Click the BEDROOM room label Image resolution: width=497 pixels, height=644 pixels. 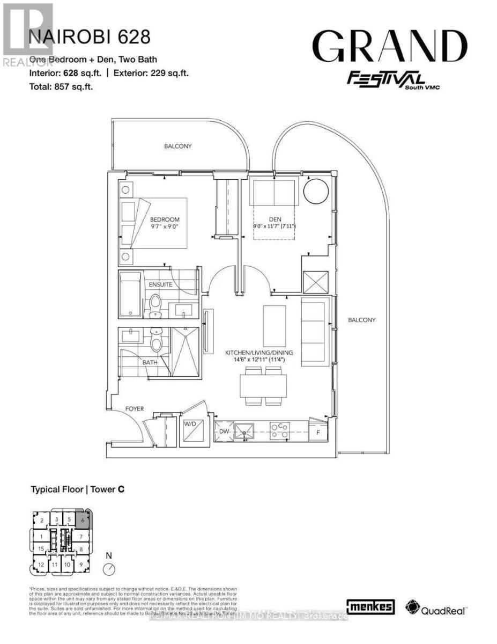(165, 219)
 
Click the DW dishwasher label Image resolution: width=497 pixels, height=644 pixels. (224, 430)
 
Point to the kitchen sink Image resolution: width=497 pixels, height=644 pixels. (246, 430)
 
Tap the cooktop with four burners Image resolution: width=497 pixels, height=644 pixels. (279, 430)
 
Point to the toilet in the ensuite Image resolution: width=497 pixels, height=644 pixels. (155, 303)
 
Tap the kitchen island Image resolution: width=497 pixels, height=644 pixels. (275, 325)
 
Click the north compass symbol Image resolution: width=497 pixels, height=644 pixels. (109, 568)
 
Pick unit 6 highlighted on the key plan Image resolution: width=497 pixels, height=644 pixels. (83, 519)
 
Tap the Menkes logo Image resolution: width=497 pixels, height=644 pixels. (371, 607)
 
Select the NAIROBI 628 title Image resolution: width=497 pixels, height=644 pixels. (89, 37)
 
